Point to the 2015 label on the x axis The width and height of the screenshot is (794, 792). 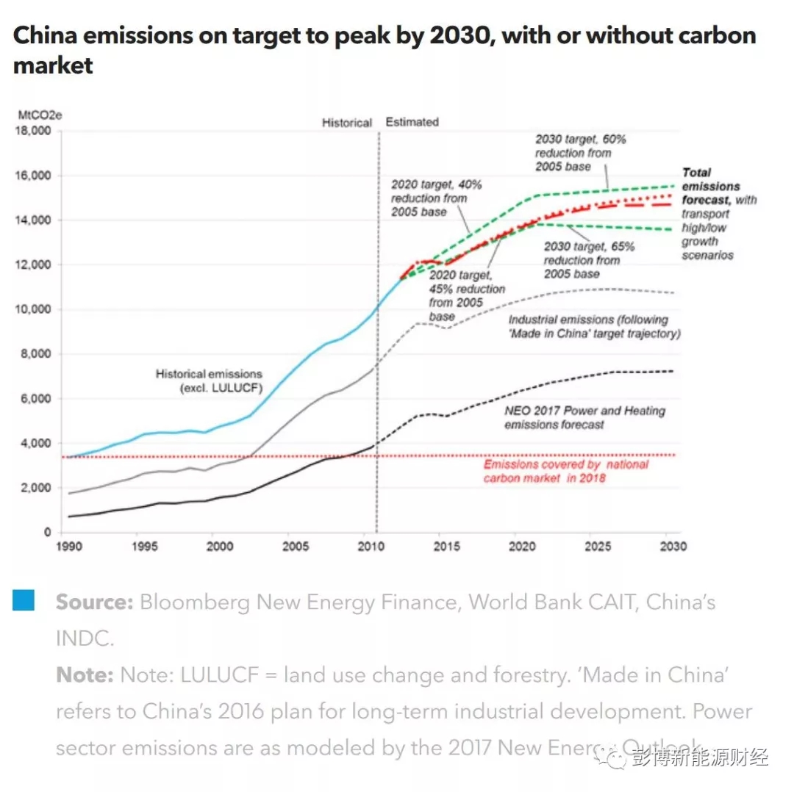pos(447,547)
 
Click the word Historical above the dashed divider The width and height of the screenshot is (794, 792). pos(347,123)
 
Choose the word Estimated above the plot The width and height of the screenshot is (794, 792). pos(412,122)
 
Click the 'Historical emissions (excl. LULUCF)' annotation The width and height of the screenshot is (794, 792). pos(209,381)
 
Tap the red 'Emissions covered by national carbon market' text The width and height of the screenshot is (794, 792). pos(565,471)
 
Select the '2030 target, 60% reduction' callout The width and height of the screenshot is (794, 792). pos(580,152)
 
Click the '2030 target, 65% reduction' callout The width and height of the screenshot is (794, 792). pos(589,260)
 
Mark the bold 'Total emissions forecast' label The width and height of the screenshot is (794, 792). pos(710,186)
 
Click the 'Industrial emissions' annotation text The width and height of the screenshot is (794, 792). pos(594,326)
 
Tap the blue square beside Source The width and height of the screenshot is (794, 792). pos(24,600)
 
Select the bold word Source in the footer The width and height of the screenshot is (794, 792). pos(94,602)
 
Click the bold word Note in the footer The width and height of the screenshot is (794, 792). pos(85,674)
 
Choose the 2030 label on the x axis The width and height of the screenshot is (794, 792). pos(673,547)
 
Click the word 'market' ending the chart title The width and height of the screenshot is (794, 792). pos(53,66)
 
